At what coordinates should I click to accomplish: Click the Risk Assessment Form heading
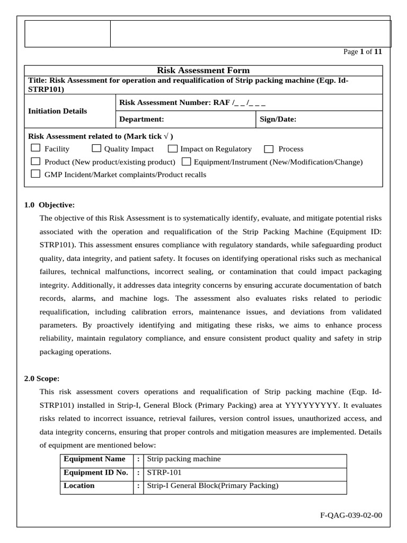pyautogui.click(x=203, y=71)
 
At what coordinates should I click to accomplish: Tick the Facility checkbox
pyautogui.click(x=36, y=148)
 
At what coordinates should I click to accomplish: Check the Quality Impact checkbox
pyautogui.click(x=97, y=148)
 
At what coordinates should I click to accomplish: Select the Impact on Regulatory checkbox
pyautogui.click(x=173, y=149)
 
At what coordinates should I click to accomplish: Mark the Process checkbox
pyautogui.click(x=269, y=149)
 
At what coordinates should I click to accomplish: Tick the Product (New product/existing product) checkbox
pyautogui.click(x=36, y=161)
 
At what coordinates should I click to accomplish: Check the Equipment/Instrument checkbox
pyautogui.click(x=187, y=161)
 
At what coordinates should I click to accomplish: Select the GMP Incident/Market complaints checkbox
pyautogui.click(x=36, y=174)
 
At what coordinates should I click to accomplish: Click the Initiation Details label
pyautogui.click(x=57, y=111)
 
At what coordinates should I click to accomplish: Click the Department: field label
pyautogui.click(x=141, y=120)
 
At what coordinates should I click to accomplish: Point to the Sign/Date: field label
pyautogui.click(x=278, y=120)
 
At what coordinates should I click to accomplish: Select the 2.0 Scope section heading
pyautogui.click(x=42, y=379)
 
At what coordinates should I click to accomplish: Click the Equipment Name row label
pyautogui.click(x=94, y=459)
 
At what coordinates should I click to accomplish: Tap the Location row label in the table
pyautogui.click(x=79, y=486)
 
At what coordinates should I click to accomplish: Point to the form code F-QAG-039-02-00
pyautogui.click(x=351, y=515)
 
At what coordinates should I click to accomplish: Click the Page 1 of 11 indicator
pyautogui.click(x=362, y=52)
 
